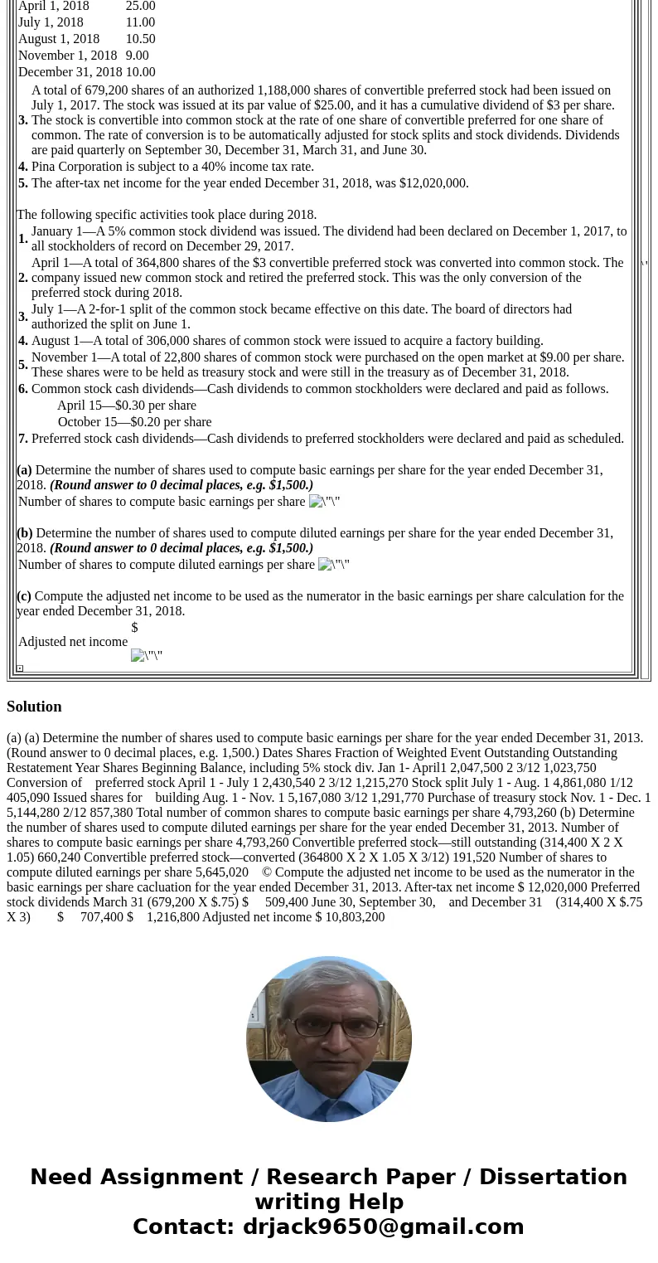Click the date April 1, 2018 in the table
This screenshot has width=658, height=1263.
click(54, 7)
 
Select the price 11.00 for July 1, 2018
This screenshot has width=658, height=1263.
click(140, 22)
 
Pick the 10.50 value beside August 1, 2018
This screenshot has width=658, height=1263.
click(140, 39)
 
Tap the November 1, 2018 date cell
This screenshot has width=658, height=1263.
click(67, 56)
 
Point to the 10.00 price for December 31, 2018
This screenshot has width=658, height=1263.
click(140, 72)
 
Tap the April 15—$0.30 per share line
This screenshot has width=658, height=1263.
click(127, 406)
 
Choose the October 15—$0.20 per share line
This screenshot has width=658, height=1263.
click(134, 422)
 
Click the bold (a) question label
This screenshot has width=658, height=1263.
click(24, 470)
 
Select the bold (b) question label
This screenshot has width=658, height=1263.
click(25, 533)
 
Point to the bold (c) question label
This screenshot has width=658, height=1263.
click(24, 596)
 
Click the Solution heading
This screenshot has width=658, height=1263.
click(34, 707)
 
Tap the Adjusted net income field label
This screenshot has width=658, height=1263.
click(73, 642)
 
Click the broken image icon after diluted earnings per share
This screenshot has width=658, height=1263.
click(333, 565)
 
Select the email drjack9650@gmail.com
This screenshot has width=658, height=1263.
click(383, 1227)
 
